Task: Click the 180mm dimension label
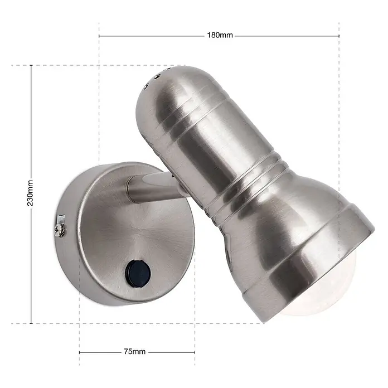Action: coord(220,35)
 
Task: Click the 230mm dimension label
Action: coord(30,193)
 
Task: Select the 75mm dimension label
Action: coord(134,351)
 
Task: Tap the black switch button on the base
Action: coord(138,273)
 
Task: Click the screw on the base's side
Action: coord(60,230)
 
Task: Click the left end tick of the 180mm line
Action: coord(99,36)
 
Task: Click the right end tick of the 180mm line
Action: coord(339,36)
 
